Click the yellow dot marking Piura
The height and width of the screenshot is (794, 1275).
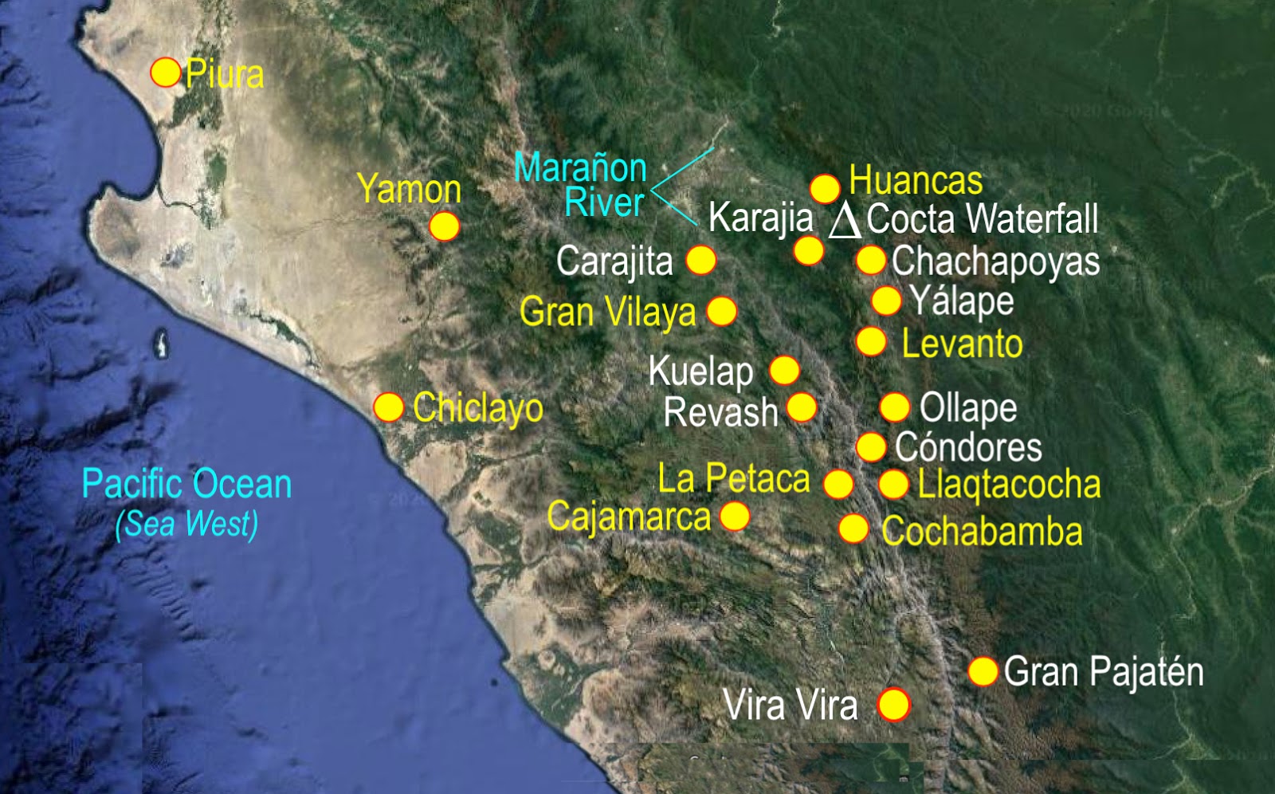(166, 73)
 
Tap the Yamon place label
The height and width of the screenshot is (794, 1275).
(409, 189)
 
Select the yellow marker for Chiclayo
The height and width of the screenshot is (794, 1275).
(389, 407)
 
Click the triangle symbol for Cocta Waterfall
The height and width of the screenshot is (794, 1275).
(845, 220)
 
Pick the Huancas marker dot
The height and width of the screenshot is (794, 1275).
(825, 189)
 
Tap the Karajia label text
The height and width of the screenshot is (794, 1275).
(760, 218)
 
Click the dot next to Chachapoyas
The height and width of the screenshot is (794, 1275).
(871, 260)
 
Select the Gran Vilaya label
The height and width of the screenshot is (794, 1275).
(607, 312)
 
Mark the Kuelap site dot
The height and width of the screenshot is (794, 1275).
(785, 370)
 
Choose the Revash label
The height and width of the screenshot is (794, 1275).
(720, 412)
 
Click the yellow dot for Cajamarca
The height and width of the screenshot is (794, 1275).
(735, 516)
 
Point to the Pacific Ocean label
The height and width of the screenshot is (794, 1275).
(186, 484)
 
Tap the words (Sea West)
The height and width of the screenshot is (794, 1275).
(186, 524)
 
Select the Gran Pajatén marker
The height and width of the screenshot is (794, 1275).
(983, 671)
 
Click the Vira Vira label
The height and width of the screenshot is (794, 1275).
(790, 706)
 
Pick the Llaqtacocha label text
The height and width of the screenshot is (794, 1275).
(1009, 484)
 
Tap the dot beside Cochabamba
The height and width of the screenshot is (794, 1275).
(853, 529)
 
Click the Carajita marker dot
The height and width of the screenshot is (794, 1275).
(701, 260)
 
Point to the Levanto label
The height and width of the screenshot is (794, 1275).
(962, 344)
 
